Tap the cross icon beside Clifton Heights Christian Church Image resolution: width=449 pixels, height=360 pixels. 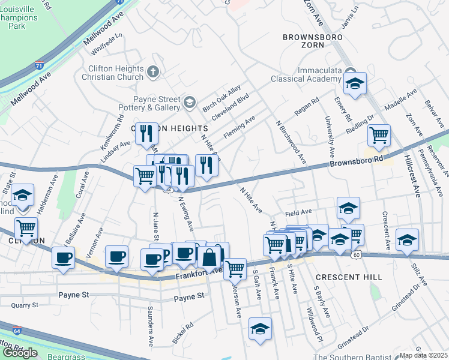[152, 73]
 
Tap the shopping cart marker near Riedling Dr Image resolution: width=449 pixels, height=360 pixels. [379, 135]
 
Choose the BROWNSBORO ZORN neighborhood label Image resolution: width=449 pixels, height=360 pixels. [312, 42]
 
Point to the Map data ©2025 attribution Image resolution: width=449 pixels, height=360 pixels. [423, 355]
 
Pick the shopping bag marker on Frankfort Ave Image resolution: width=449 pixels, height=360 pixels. [208, 257]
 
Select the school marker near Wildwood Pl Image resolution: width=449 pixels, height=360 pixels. [260, 329]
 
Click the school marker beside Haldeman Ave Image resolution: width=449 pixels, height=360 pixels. [23, 196]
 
